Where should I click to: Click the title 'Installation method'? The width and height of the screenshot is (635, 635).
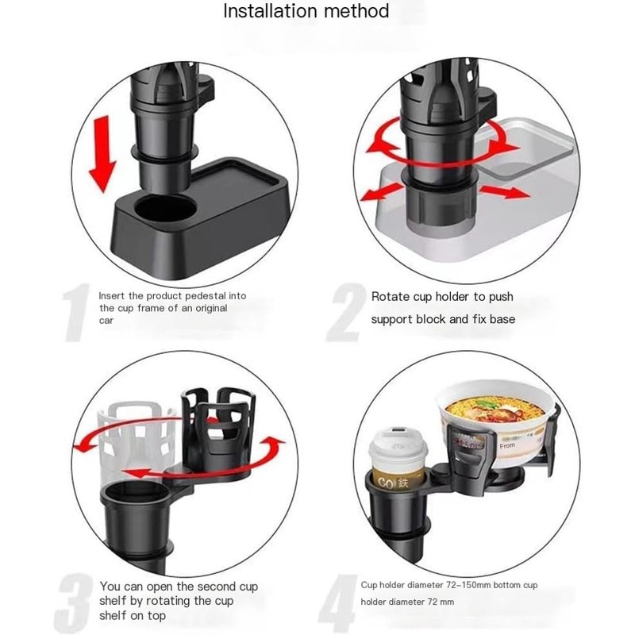(x=306, y=11)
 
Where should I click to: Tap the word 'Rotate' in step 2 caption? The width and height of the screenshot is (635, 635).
(x=390, y=297)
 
